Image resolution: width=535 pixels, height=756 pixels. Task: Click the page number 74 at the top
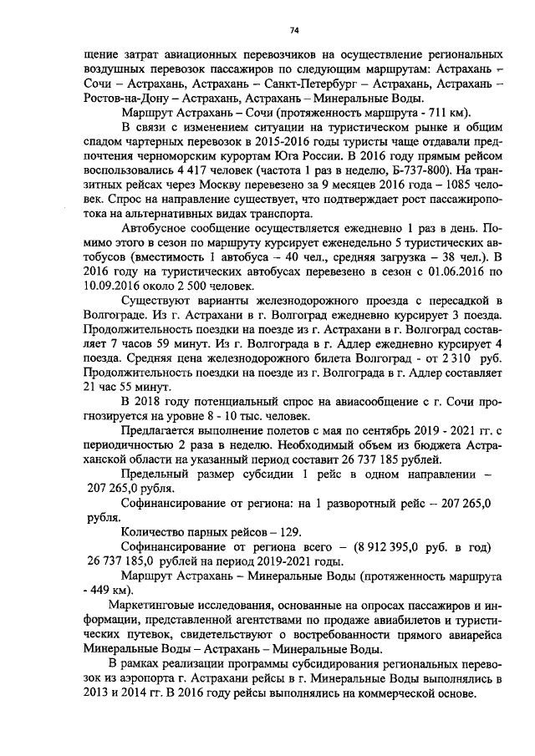pos(294,31)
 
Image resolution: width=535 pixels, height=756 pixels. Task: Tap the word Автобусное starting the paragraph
pos(159,231)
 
